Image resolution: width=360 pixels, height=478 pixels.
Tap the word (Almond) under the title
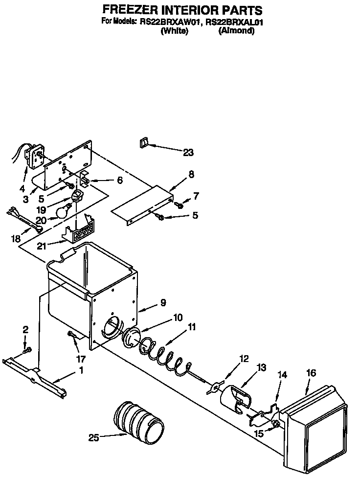tap(237, 30)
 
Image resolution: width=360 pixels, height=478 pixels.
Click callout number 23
tap(188, 153)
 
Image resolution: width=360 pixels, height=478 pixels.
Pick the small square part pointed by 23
tap(143, 143)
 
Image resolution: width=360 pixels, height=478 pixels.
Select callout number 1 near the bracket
tap(81, 370)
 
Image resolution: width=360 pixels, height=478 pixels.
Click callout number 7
tap(196, 196)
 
